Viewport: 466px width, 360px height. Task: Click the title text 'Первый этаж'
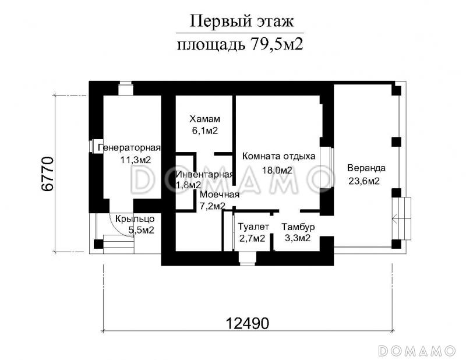coord(241,22)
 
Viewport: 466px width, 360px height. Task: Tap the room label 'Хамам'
coord(199,119)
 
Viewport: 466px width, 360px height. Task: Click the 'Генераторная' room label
coord(129,147)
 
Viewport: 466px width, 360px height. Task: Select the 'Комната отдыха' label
coord(278,156)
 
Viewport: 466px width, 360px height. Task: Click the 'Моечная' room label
coord(219,195)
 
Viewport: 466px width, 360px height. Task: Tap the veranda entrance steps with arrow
coord(402,219)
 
